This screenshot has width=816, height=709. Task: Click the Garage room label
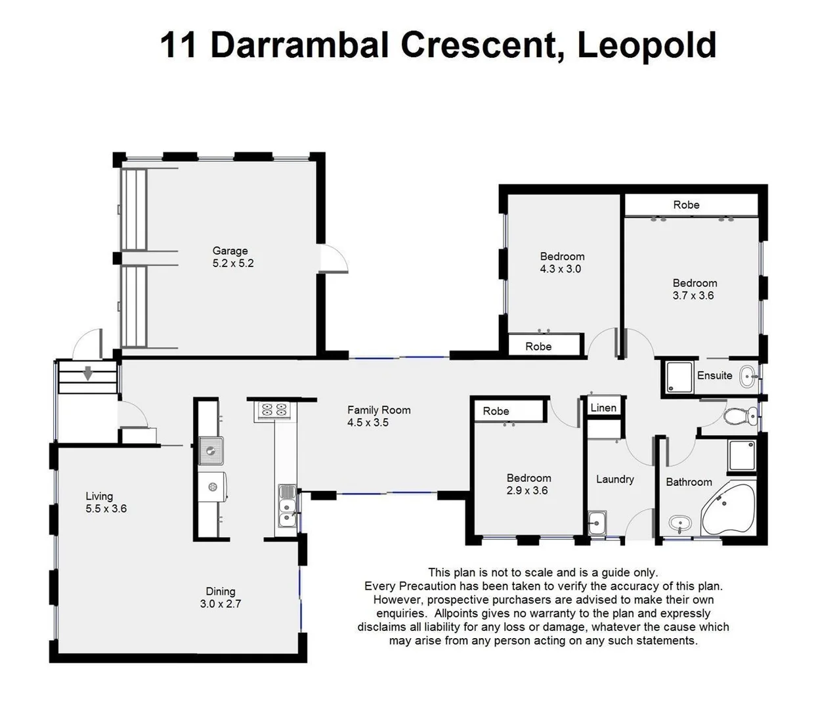coord(230,250)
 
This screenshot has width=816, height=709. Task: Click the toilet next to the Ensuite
coord(739,416)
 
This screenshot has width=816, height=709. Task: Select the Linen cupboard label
coord(603,408)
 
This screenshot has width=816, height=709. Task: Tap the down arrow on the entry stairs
coord(87,375)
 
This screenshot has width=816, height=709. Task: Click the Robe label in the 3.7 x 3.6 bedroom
coord(686,205)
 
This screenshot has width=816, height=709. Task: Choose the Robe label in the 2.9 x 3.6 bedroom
coord(496,411)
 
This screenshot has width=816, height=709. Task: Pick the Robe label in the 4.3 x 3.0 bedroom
coord(538,347)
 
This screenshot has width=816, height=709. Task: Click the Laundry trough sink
coord(597,524)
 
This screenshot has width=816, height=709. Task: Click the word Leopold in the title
coord(646,45)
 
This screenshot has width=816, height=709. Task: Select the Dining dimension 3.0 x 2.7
coord(221,604)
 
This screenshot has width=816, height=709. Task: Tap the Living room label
coord(99,496)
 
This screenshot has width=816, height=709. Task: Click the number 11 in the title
coord(178,45)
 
